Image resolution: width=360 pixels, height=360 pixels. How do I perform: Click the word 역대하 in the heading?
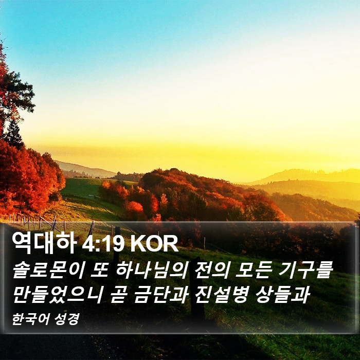coord(44,243)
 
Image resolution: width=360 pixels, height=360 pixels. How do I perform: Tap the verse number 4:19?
coord(103,244)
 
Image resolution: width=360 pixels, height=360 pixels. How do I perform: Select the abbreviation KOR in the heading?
coord(154,244)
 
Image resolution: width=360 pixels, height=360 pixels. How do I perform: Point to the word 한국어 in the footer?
coord(30,319)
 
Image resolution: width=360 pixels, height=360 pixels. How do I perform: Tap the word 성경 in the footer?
coord(67,319)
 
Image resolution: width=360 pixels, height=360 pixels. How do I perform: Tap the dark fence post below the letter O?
coord(117,243)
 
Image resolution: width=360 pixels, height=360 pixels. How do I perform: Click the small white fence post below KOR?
coord(204,244)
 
